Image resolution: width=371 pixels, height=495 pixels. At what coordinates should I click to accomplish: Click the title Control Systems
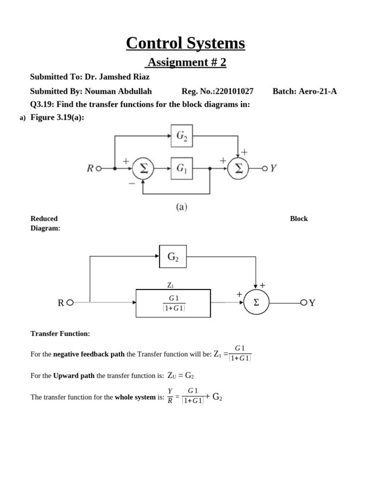tap(185, 43)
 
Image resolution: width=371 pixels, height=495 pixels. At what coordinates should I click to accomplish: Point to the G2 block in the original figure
tap(182, 136)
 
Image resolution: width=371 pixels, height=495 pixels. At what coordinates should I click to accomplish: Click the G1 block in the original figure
tap(182, 168)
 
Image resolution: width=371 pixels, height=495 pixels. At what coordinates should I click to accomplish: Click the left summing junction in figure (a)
tap(143, 169)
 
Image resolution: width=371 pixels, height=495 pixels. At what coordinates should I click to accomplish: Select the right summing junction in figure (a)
tap(238, 169)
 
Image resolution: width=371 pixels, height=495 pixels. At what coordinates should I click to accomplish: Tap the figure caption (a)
tap(181, 207)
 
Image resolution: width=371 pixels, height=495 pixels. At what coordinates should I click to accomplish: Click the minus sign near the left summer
tap(131, 184)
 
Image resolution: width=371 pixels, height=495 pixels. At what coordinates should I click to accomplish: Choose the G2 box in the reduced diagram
tap(173, 257)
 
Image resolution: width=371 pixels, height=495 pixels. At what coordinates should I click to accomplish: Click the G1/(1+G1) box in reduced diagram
tap(173, 303)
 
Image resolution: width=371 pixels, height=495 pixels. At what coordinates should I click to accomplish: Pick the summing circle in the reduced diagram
tap(256, 303)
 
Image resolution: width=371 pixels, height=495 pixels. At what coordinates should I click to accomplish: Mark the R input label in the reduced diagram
tap(61, 303)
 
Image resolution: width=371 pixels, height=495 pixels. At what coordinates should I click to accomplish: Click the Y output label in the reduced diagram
tap(312, 303)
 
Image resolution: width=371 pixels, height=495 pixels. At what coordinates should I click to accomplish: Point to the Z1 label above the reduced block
tap(170, 286)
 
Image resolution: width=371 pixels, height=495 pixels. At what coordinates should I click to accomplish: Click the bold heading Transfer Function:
tap(60, 334)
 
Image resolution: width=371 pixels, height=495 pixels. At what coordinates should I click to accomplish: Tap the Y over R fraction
tap(170, 396)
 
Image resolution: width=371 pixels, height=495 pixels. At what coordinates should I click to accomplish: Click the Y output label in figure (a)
tap(273, 168)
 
